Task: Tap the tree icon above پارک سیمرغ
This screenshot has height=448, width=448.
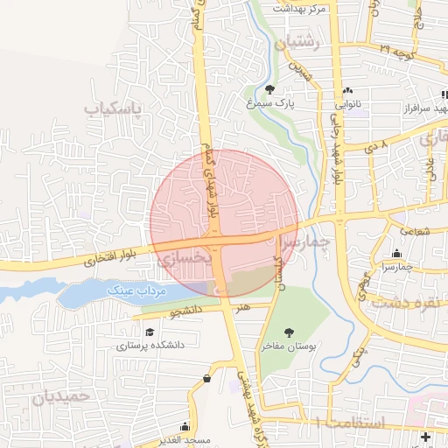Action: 269,89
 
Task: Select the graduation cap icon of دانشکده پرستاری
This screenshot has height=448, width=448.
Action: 150,332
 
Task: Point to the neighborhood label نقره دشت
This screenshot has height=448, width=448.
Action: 403,303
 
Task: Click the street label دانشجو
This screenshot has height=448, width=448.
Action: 185,310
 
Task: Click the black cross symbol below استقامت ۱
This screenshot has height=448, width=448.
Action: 426,437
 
